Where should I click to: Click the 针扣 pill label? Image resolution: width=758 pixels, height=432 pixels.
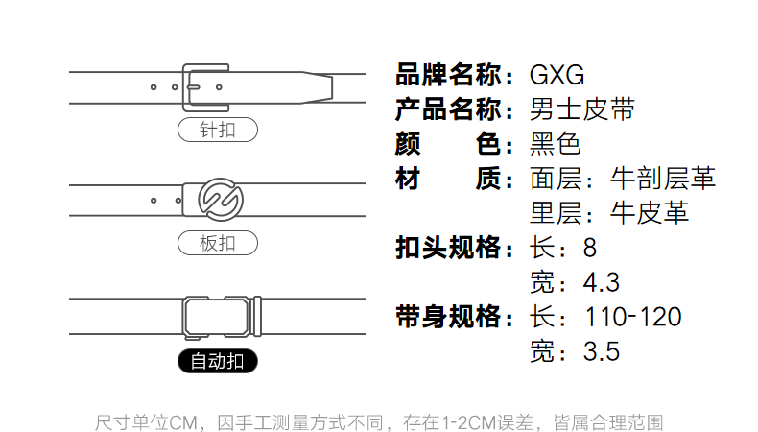(x=218, y=131)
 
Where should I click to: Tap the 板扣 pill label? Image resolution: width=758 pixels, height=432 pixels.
(x=218, y=243)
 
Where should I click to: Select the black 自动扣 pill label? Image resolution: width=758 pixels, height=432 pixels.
(x=218, y=362)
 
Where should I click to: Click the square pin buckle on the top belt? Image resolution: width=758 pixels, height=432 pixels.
(x=205, y=87)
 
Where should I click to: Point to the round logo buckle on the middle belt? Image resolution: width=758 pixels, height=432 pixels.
(x=218, y=200)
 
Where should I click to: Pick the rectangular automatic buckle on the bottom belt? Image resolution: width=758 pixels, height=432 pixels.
(x=221, y=317)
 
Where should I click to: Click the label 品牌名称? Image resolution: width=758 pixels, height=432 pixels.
(x=449, y=75)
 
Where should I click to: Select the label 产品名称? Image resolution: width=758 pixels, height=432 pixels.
(x=449, y=109)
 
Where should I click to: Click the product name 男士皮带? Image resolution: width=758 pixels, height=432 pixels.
(x=582, y=109)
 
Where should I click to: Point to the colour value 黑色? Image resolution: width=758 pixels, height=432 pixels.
(x=556, y=144)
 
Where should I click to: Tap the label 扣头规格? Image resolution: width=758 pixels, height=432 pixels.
(x=449, y=248)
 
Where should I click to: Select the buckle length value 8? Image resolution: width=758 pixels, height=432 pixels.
(x=589, y=248)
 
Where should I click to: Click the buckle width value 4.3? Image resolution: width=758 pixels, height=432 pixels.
(x=602, y=282)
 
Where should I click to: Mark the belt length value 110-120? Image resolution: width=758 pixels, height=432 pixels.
(x=633, y=317)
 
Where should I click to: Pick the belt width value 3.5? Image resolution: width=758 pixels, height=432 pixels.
(x=602, y=351)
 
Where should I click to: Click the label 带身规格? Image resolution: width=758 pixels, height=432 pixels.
(x=449, y=317)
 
